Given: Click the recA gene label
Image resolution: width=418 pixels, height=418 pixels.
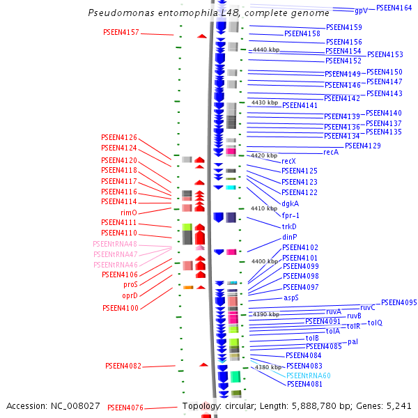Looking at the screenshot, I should (x=332, y=152).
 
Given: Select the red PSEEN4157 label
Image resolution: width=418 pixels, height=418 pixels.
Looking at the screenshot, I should (x=121, y=33).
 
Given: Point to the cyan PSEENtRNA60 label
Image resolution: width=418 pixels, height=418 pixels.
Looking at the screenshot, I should (x=309, y=376).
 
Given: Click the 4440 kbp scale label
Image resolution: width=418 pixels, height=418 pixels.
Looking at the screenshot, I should (x=266, y=50).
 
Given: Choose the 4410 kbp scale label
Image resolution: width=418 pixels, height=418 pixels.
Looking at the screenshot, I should (x=264, y=208).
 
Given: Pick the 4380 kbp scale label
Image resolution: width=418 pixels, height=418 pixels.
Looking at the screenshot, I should (x=268, y=367).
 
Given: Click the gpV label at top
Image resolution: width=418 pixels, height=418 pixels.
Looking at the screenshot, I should (x=361, y=11).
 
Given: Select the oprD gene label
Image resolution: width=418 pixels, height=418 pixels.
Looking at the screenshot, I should (x=130, y=295).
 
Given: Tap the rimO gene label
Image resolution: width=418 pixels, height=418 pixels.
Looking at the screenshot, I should (x=129, y=212).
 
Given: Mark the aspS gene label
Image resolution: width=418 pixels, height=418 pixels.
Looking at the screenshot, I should (x=291, y=297).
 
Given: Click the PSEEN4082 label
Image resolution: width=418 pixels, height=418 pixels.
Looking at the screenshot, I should (x=123, y=366).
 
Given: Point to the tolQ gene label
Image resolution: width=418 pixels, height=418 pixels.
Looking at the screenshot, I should (x=376, y=323).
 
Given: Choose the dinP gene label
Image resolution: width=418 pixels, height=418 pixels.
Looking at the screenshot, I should (x=290, y=237).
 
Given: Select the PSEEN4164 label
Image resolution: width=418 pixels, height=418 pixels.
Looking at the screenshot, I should (x=394, y=8).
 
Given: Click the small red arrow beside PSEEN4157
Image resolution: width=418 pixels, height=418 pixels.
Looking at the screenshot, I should (x=202, y=36).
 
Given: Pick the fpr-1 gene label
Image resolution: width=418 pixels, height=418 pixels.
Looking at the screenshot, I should (x=291, y=215).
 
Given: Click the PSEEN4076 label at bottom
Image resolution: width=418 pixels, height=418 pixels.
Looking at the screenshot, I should (x=125, y=408).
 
